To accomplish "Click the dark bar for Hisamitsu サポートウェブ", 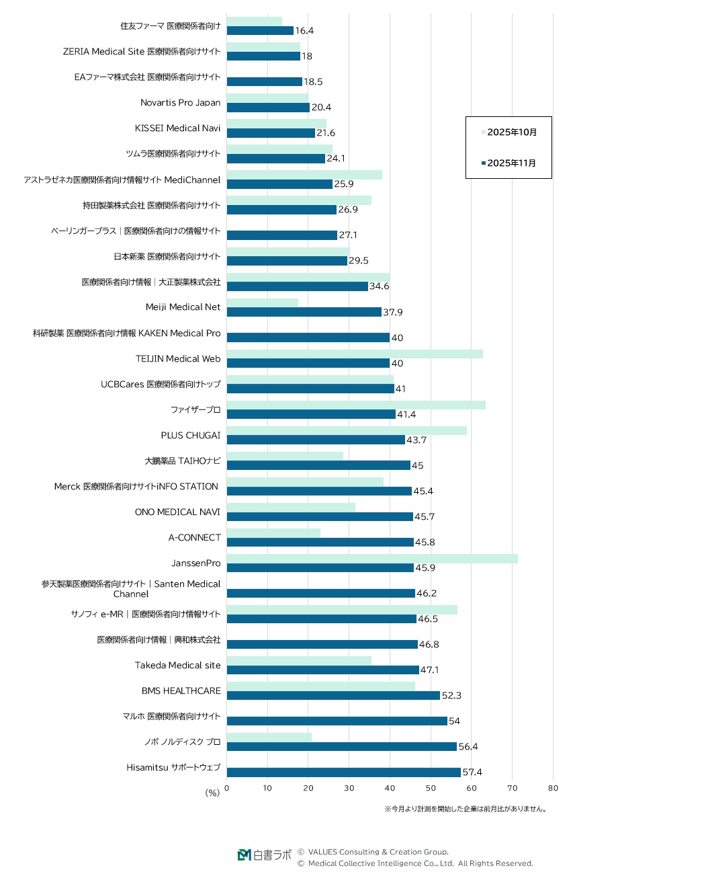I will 343,772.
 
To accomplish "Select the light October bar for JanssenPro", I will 372,559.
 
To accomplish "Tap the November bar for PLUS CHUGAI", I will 316,440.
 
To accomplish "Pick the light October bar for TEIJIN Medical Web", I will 355,354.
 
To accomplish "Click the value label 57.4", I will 472,772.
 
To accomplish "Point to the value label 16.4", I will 304,31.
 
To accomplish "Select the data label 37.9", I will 393,313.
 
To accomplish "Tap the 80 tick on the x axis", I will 553,789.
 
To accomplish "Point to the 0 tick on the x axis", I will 227,789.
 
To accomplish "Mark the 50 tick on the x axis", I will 431,789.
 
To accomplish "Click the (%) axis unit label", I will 212,793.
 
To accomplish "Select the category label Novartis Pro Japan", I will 180,103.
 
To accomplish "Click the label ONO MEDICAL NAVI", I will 177,512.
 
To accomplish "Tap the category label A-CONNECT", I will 194,538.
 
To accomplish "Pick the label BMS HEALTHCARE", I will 181,691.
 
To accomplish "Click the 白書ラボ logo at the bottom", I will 265,855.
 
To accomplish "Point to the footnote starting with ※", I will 466,809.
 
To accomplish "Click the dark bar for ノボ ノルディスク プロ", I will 341,747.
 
